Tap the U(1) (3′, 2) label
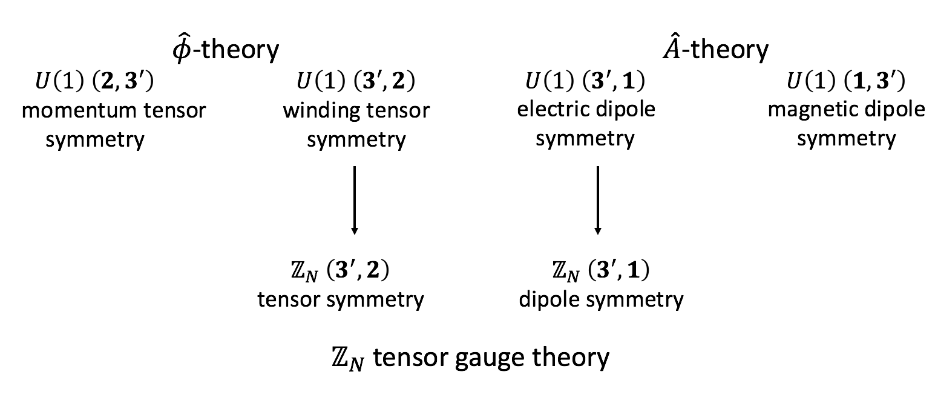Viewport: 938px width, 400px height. pyautogui.click(x=356, y=81)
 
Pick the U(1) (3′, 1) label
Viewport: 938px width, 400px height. pyautogui.click(x=585, y=81)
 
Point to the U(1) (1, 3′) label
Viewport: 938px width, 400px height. pyautogui.click(x=846, y=81)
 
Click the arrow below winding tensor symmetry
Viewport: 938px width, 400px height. pyautogui.click(x=355, y=200)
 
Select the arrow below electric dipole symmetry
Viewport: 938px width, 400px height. pyautogui.click(x=598, y=200)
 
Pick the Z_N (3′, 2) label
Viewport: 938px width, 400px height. pyautogui.click(x=340, y=272)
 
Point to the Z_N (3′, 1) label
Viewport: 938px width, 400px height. pyautogui.click(x=601, y=272)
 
